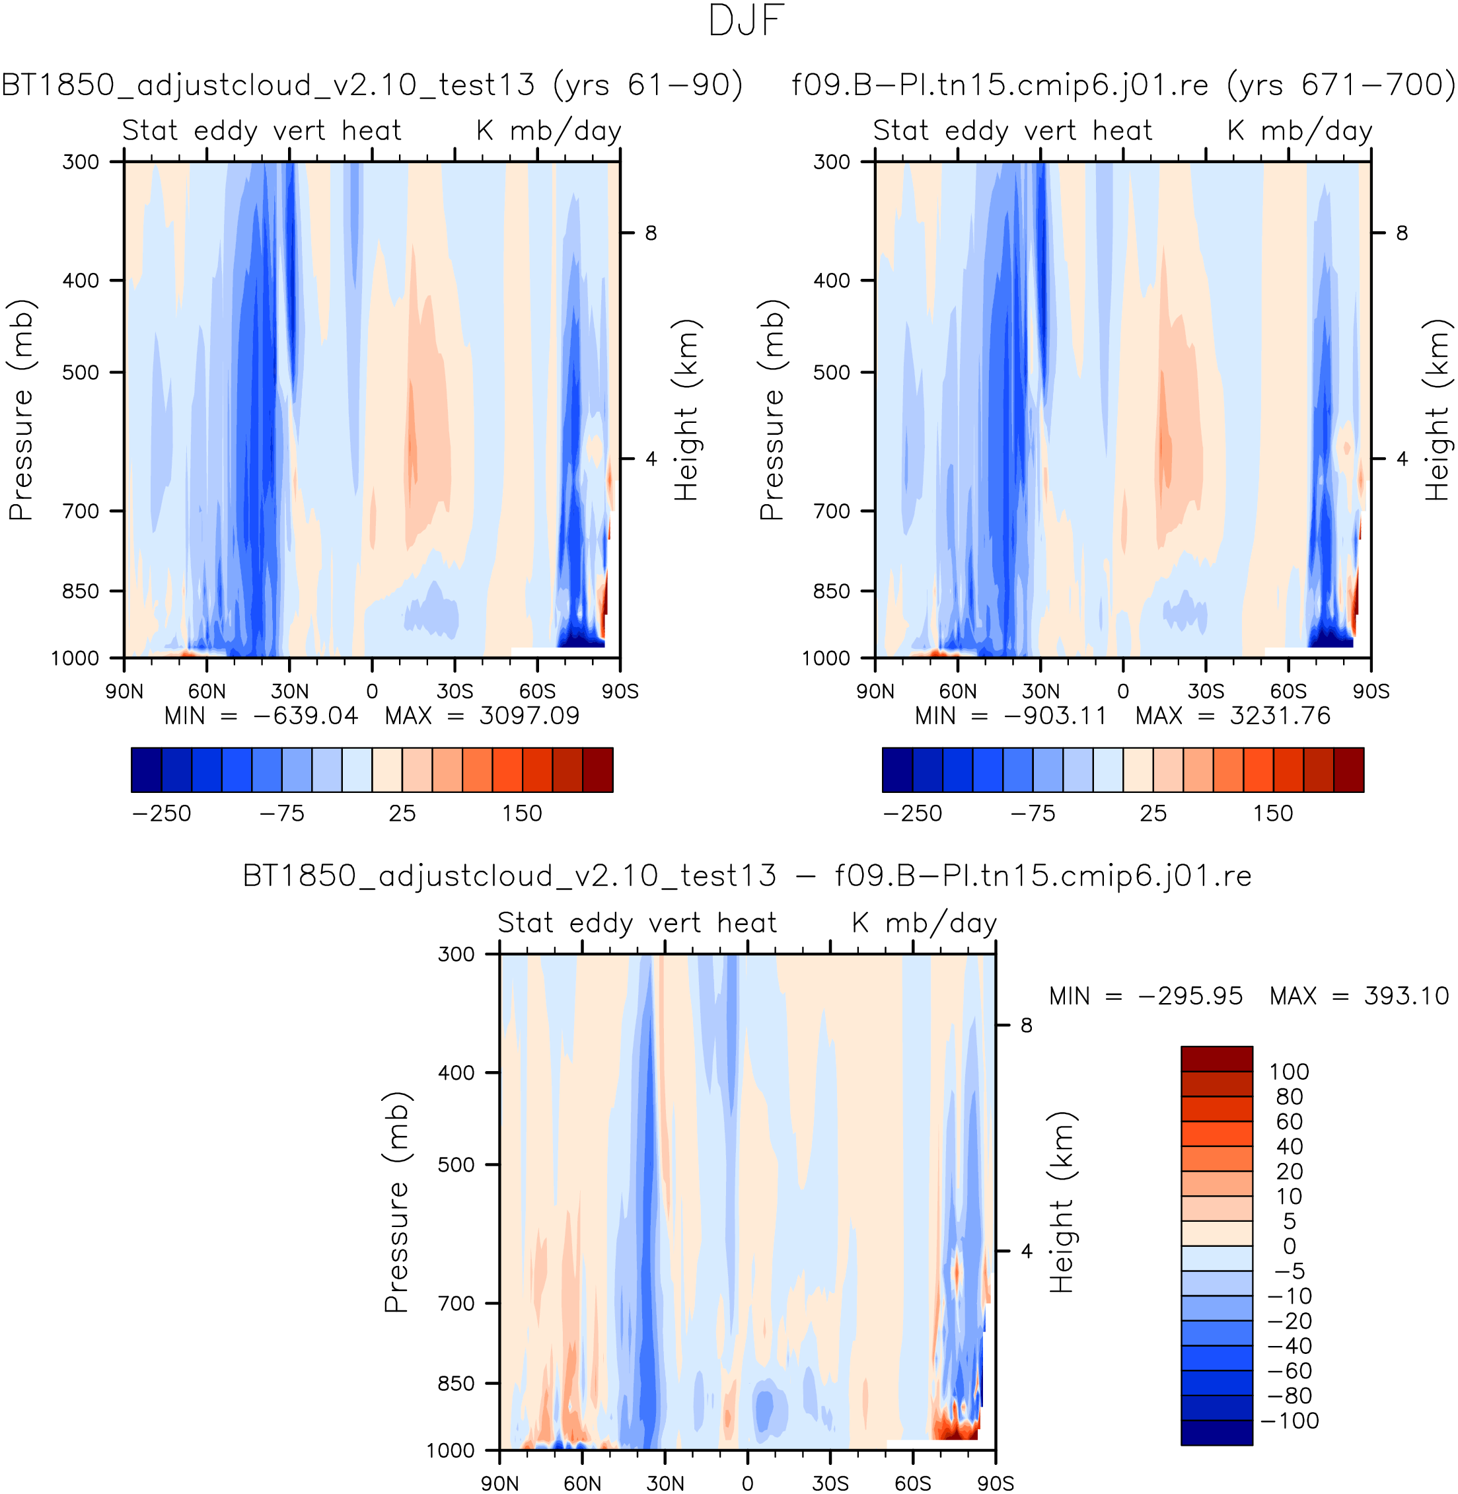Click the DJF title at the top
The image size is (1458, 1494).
[x=747, y=20]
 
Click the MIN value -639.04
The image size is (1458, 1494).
[x=305, y=716]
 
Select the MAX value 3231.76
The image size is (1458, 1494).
[x=1280, y=716]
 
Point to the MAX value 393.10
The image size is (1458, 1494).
[x=1406, y=996]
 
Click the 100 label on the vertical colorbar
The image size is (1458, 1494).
[x=1289, y=1071]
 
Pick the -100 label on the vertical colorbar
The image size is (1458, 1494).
[x=1290, y=1421]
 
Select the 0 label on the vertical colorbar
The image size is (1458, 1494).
[x=1290, y=1246]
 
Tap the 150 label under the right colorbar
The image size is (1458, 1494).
[x=1272, y=813]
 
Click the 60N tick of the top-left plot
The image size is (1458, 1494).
[x=207, y=691]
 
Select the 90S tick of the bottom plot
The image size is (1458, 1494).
[x=995, y=1483]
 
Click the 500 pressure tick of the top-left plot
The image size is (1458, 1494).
[x=81, y=373]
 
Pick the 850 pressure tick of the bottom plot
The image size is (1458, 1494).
[x=456, y=1384]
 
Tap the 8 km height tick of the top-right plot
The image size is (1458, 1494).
[x=1401, y=233]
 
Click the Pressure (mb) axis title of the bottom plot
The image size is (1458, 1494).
[x=396, y=1201]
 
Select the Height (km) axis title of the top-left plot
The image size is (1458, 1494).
[x=686, y=410]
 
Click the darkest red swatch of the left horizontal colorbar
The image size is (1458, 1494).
[x=597, y=770]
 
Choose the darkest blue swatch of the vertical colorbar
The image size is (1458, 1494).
[x=1216, y=1433]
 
